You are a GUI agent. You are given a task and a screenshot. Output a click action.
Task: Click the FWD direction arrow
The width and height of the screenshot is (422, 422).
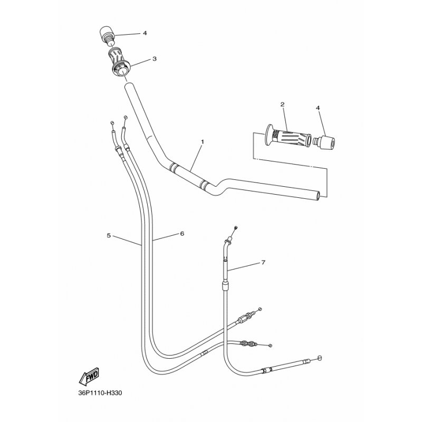tap(89, 376)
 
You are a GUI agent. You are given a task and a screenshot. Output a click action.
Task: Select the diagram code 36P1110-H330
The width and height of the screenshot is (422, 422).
tap(100, 393)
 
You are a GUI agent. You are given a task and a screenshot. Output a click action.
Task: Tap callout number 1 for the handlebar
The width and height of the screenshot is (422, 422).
tap(203, 141)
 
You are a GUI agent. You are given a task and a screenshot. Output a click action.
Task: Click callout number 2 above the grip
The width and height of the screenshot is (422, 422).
tap(282, 104)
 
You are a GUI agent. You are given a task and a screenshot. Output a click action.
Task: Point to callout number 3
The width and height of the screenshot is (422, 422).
tap(155, 59)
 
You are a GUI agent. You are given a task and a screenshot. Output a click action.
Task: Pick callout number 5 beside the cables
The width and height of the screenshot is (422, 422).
tap(109, 235)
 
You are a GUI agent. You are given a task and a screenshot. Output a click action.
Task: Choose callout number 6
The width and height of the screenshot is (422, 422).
tap(182, 234)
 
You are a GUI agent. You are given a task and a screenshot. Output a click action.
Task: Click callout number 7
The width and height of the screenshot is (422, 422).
tap(263, 262)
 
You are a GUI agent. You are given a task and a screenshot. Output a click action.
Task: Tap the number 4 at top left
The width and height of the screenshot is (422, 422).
tap(145, 33)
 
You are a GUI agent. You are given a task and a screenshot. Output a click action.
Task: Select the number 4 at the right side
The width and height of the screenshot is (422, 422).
tap(318, 108)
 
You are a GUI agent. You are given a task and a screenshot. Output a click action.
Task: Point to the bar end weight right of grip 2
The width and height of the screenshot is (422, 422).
tap(324, 142)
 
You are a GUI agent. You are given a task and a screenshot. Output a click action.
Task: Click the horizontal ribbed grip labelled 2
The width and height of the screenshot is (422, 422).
tap(288, 137)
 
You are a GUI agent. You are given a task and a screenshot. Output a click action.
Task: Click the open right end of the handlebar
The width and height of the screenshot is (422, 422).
tap(319, 196)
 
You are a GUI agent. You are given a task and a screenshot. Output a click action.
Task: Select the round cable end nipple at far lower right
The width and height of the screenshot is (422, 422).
tap(320, 358)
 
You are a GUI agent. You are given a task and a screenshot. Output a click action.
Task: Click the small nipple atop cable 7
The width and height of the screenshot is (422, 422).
tap(236, 228)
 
